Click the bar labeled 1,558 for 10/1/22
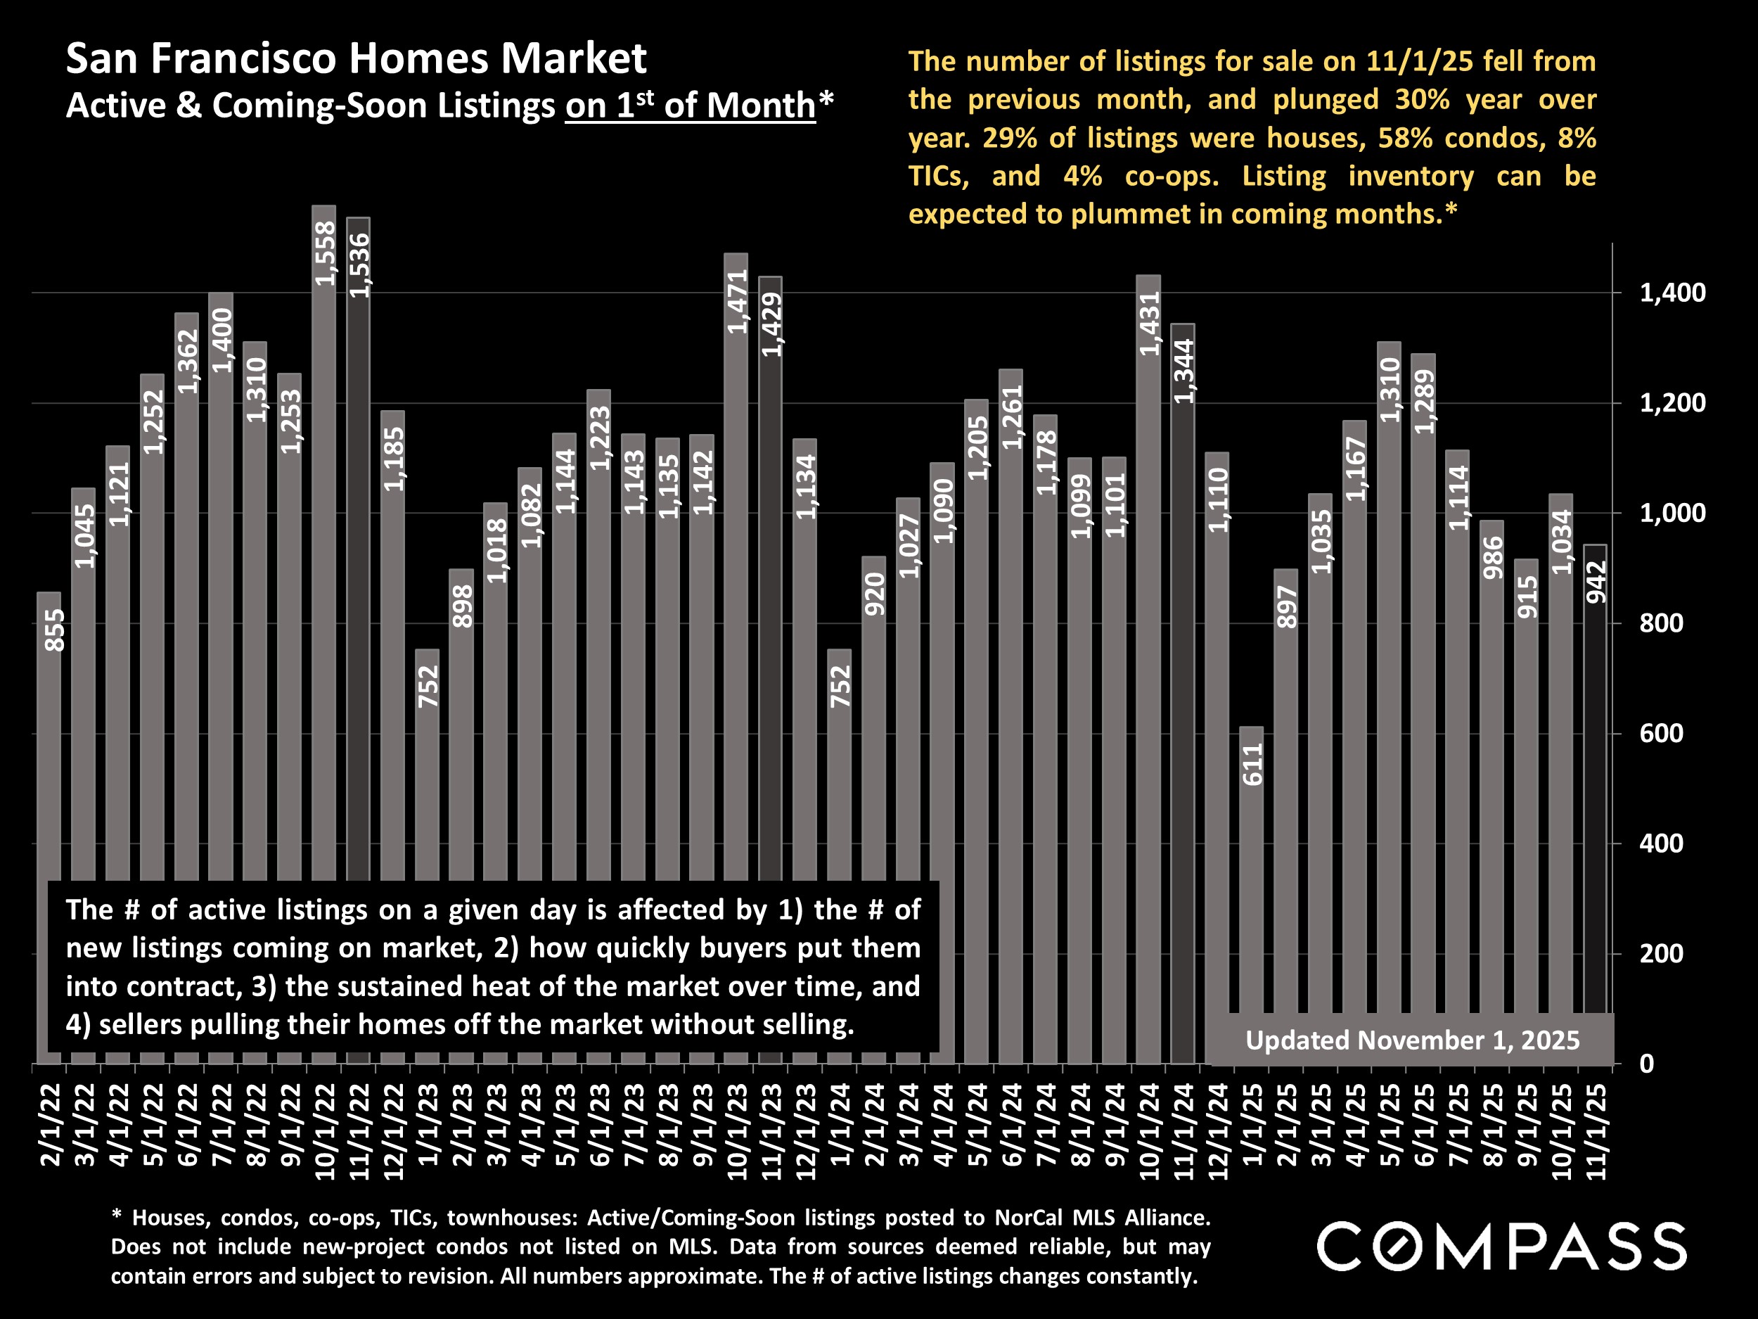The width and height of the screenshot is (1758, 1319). pos(323,556)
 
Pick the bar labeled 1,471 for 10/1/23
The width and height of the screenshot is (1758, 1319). pos(736,556)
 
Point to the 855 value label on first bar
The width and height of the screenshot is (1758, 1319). pos(54,630)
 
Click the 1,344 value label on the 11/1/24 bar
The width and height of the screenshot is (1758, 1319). pos(1183,371)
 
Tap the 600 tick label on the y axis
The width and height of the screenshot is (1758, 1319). pos(1661,733)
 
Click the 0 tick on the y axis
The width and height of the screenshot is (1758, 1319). pos(1646,1063)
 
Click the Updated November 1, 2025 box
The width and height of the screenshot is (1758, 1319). pos(1411,1040)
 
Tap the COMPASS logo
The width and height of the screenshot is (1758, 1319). pos(1501,1246)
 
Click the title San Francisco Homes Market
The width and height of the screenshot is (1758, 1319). pos(356,58)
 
